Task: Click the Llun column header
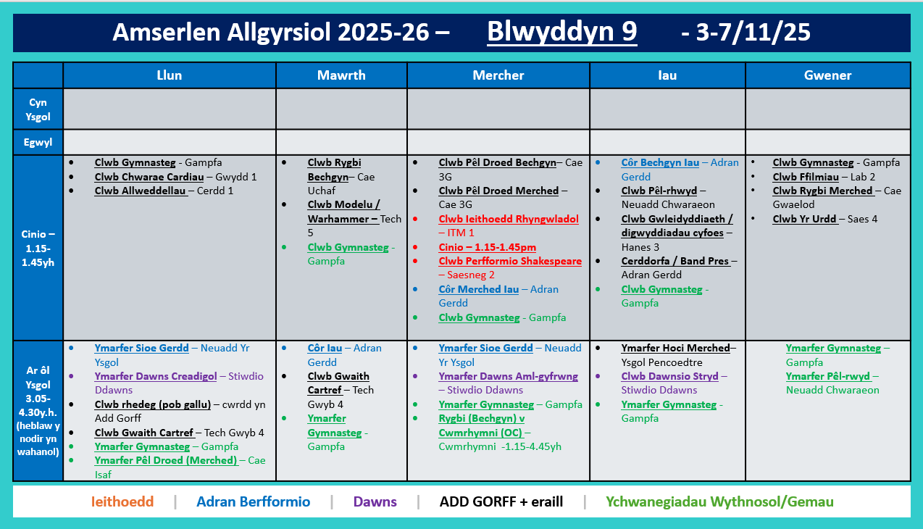170,75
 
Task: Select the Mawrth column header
341,75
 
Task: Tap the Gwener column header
827,75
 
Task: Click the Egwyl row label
38,142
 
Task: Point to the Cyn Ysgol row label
38,109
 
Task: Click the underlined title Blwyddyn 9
561,32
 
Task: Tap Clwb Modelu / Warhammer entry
343,212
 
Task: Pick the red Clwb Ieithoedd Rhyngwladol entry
509,219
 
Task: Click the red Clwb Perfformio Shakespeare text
510,261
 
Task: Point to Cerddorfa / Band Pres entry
675,261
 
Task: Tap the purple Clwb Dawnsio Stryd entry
669,376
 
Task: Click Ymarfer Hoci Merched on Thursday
675,348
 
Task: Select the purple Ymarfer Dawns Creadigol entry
156,376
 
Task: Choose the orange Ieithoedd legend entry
122,501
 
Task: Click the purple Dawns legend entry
375,501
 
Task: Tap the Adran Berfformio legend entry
253,501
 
